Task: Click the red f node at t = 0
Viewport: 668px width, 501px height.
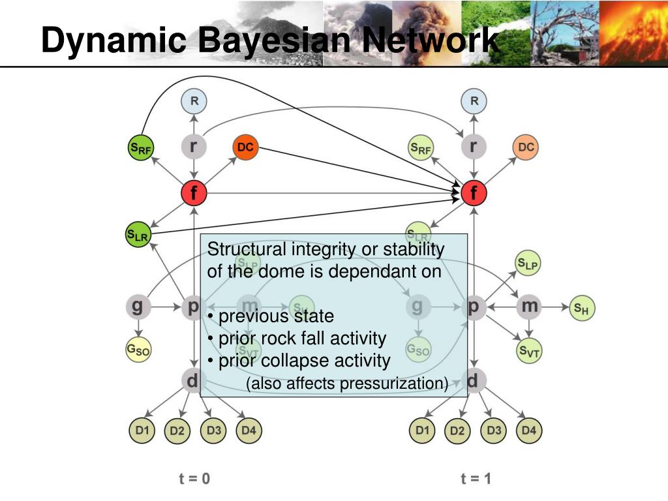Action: pyautogui.click(x=194, y=193)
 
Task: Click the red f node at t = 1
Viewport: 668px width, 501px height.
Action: pyautogui.click(x=474, y=193)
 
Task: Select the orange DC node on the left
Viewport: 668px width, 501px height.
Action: pyautogui.click(x=245, y=147)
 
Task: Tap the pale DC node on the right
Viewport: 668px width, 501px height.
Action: pyautogui.click(x=526, y=147)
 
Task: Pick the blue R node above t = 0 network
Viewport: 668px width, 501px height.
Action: pyautogui.click(x=194, y=101)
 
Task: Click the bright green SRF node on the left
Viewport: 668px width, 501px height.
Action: pyautogui.click(x=140, y=148)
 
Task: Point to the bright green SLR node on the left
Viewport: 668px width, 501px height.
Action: pyautogui.click(x=138, y=235)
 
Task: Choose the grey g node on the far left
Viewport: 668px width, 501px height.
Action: pyautogui.click(x=138, y=306)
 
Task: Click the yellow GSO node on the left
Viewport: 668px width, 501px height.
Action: pyautogui.click(x=138, y=351)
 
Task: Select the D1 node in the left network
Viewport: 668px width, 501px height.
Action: pyautogui.click(x=142, y=431)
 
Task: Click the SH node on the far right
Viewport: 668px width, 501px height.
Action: pyautogui.click(x=582, y=309)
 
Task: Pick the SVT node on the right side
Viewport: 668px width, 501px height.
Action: pyautogui.click(x=529, y=352)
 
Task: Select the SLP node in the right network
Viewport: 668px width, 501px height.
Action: pyautogui.click(x=528, y=264)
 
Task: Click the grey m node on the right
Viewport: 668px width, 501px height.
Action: pyautogui.click(x=529, y=306)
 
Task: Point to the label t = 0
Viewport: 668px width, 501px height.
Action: pyautogui.click(x=194, y=479)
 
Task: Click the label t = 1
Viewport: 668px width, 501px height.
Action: pyautogui.click(x=476, y=479)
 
